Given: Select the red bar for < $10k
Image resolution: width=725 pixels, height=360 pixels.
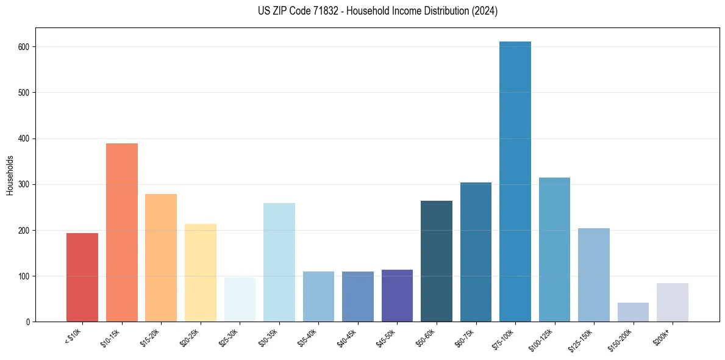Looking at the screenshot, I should pyautogui.click(x=82, y=278).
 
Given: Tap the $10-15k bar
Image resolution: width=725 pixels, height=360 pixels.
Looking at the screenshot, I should pyautogui.click(x=121, y=232).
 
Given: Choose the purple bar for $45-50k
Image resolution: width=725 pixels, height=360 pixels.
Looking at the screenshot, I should pyautogui.click(x=397, y=296).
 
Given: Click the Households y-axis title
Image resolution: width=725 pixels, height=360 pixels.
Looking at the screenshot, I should pyautogui.click(x=10, y=175).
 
